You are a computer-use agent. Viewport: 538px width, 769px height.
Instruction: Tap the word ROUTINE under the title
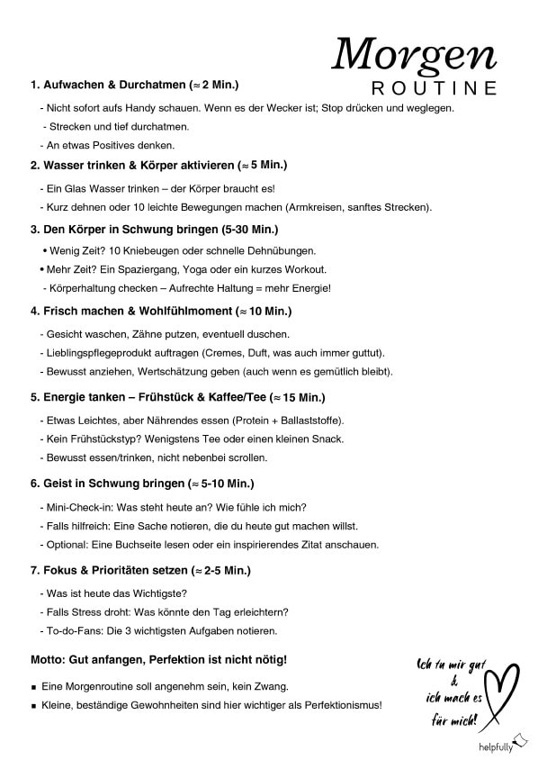[x=435, y=88]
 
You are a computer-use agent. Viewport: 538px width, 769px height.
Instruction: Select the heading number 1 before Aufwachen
[x=34, y=86]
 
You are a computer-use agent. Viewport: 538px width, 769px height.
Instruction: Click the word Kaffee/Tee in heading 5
[x=260, y=397]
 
